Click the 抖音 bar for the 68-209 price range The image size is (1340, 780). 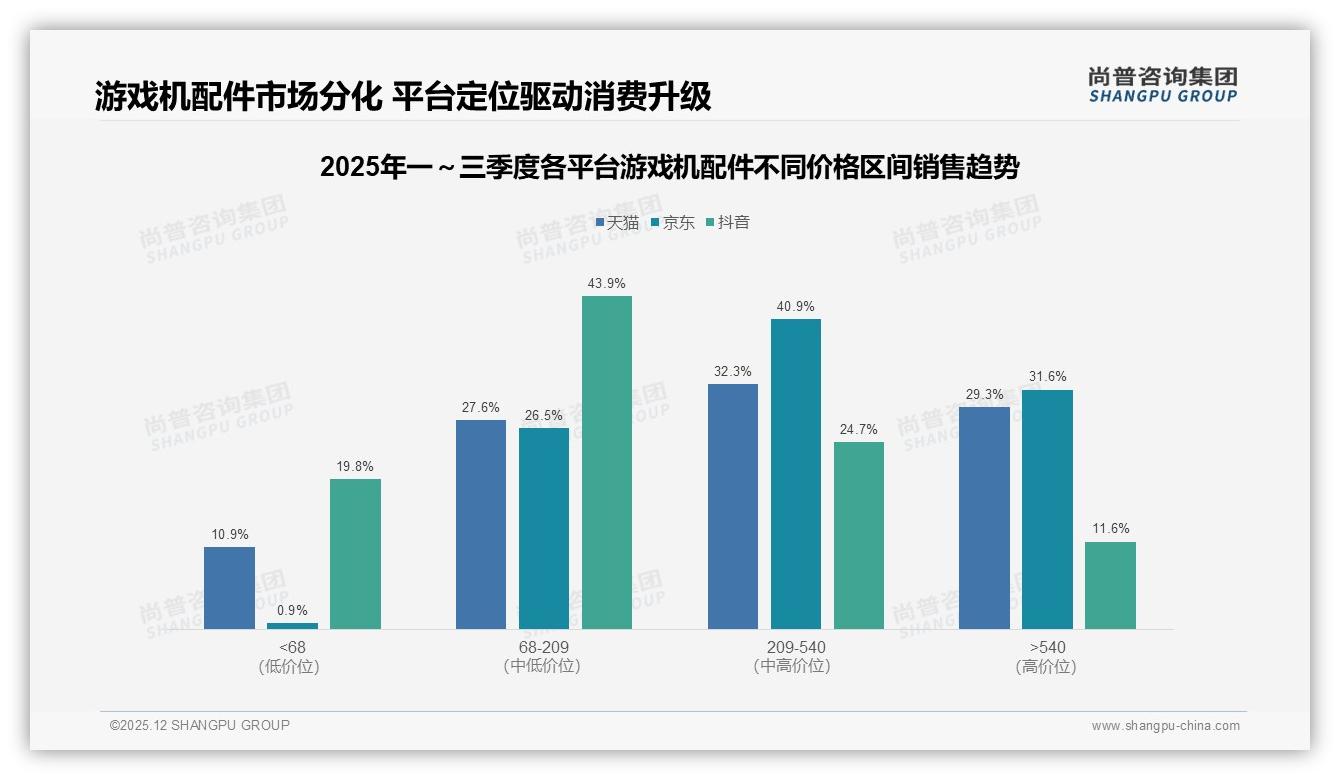(x=607, y=462)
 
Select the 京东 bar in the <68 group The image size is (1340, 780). (x=292, y=625)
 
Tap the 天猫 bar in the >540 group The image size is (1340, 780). (x=984, y=517)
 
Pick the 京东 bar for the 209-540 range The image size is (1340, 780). (x=796, y=473)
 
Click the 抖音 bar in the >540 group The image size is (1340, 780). (x=1110, y=585)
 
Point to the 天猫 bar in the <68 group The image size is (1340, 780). (x=229, y=587)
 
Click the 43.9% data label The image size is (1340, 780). (x=607, y=284)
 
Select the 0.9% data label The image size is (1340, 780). (x=292, y=610)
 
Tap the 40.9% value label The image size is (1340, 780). (x=796, y=307)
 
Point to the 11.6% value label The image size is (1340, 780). (x=1110, y=529)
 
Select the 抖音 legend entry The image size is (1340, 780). (x=728, y=222)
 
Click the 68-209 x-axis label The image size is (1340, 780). (x=544, y=648)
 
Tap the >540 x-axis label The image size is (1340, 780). (x=1047, y=648)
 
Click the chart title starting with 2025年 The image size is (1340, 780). (x=670, y=168)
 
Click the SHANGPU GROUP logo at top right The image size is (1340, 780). (x=1162, y=85)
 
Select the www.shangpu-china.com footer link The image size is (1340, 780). (x=1165, y=726)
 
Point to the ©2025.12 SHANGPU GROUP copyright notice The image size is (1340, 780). (x=200, y=725)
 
